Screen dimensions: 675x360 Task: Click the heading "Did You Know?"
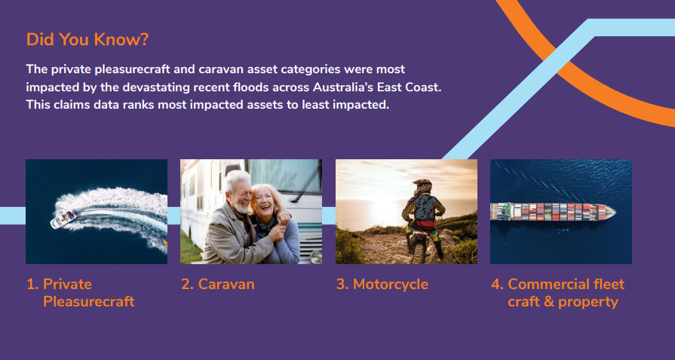pos(87,39)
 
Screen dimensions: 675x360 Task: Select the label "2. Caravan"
pos(218,285)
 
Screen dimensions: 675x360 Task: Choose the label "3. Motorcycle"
pos(382,285)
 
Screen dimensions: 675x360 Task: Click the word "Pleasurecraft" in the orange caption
pos(89,301)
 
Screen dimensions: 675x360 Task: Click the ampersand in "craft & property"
pos(548,301)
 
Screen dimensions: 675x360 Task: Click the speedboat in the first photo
pos(63,219)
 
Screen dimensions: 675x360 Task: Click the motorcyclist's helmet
pos(423,186)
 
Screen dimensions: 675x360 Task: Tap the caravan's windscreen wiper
pos(306,182)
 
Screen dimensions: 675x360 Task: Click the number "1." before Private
pos(32,285)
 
